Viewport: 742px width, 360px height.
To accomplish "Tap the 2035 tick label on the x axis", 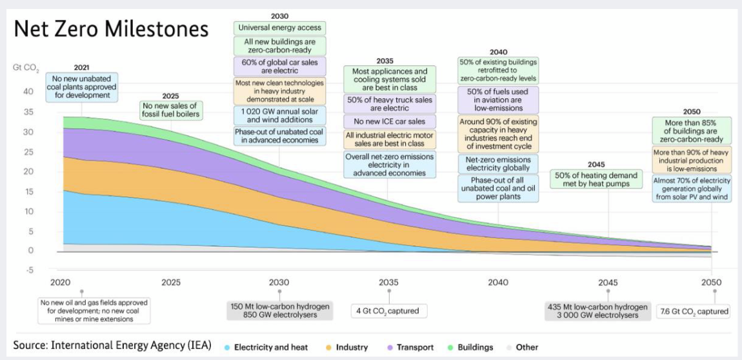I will [388, 283].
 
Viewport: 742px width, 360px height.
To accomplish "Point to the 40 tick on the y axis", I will [29, 91].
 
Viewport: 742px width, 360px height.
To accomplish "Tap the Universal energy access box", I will [279, 28].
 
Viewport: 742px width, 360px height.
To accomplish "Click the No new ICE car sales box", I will [388, 121].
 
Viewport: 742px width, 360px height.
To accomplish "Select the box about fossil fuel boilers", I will [171, 110].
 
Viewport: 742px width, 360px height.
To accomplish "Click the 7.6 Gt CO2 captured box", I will [694, 312].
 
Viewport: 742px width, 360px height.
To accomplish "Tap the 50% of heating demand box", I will [597, 179].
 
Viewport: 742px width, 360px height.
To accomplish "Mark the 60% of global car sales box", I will [279, 66].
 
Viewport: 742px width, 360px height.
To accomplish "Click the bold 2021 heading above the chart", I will [82, 67].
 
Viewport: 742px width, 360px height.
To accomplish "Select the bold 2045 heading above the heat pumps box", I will [597, 164].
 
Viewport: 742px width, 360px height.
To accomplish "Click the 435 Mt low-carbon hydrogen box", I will [597, 311].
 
